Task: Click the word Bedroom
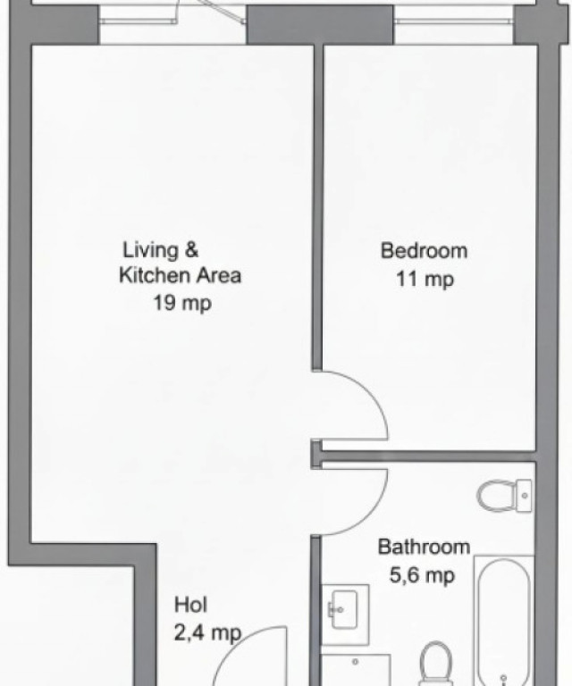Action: click(x=424, y=251)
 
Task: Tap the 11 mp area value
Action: click(x=425, y=279)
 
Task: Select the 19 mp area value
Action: click(x=182, y=302)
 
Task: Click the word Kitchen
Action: click(x=155, y=276)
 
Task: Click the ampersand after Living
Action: click(x=191, y=250)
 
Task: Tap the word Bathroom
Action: click(x=424, y=547)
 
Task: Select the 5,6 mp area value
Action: click(x=422, y=575)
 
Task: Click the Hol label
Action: click(x=190, y=605)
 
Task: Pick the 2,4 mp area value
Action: click(x=207, y=632)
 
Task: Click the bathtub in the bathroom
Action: click(x=504, y=622)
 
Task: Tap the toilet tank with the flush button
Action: click(x=524, y=496)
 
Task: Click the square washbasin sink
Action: click(x=344, y=609)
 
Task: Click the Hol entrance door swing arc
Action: click(x=236, y=643)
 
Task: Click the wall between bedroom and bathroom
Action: click(x=428, y=456)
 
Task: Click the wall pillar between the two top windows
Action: click(x=320, y=24)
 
